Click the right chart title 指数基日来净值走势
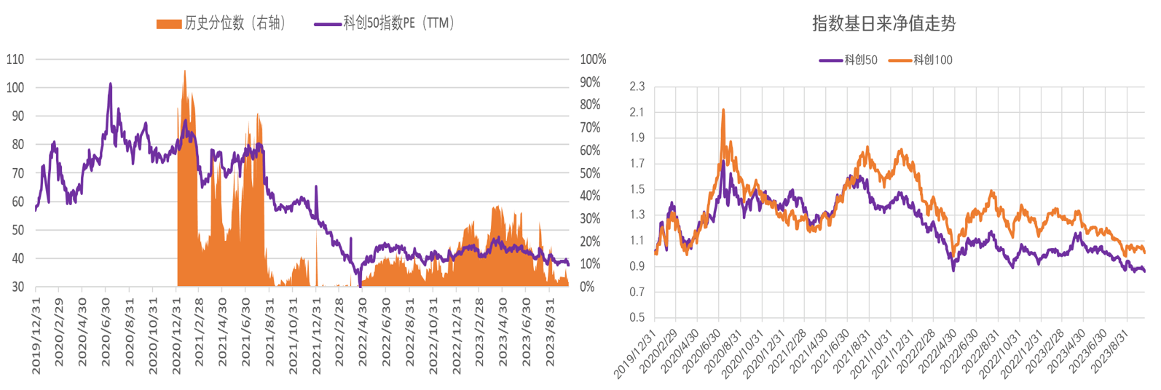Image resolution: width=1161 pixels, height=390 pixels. point(883,24)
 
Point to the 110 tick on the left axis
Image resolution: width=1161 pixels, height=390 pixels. point(15,60)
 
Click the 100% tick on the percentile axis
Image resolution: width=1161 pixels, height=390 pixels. point(593,60)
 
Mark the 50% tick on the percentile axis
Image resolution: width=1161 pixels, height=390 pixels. point(590,173)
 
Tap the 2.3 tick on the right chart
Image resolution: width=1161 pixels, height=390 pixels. point(637,87)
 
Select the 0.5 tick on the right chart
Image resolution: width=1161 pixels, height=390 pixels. point(637,318)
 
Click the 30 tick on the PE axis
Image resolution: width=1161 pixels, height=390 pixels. point(17,287)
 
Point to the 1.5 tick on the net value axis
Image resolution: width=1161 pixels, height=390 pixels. point(637,189)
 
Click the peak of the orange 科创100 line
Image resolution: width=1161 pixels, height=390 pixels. point(723,110)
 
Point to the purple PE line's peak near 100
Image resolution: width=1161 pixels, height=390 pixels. point(111,84)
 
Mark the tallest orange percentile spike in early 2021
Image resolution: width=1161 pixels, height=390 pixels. point(185,71)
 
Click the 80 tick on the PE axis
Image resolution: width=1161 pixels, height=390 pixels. point(17,145)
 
